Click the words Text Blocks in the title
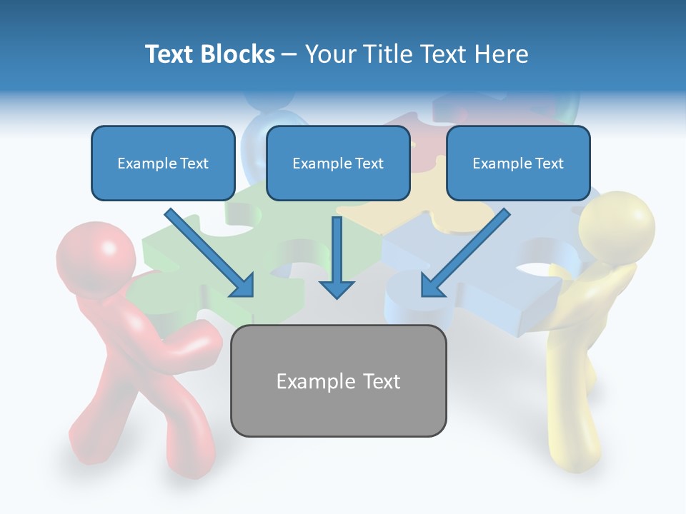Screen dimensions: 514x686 (209, 54)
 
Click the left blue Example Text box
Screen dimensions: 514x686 (163, 163)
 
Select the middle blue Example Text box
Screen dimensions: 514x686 (338, 163)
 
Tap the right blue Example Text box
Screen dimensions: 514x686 (518, 163)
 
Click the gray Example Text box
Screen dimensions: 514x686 (338, 381)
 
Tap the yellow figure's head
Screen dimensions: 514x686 (617, 227)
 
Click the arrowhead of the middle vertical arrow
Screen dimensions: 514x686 (337, 288)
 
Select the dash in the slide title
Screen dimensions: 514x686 (289, 54)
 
